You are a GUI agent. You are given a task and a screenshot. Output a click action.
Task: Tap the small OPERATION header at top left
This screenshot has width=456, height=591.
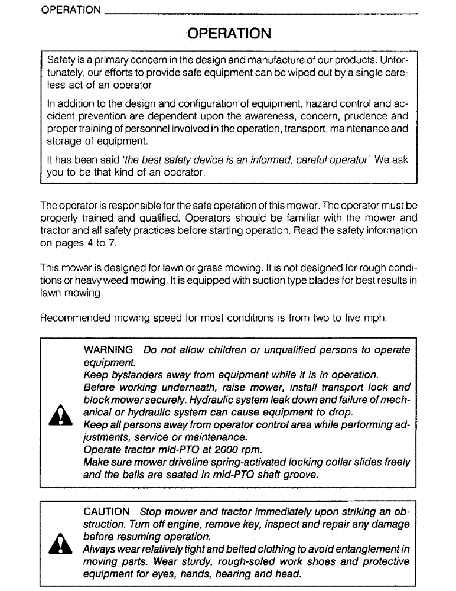pos(71,10)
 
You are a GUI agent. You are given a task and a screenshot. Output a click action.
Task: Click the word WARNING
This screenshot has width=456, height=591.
pos(108,350)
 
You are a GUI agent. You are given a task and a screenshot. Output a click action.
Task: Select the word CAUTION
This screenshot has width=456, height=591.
pos(106,511)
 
